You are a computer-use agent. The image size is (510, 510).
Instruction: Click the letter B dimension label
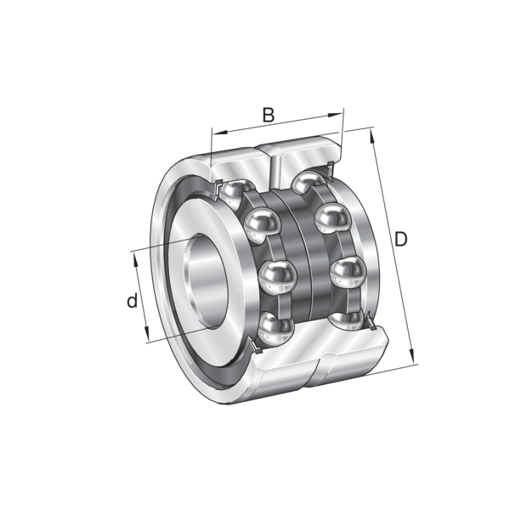(x=269, y=115)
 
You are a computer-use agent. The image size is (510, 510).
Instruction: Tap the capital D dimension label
(x=400, y=240)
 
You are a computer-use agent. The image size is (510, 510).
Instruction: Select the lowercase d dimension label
(x=132, y=301)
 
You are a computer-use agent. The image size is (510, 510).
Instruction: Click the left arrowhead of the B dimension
(x=219, y=133)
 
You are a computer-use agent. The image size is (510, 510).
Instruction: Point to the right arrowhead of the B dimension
(x=336, y=115)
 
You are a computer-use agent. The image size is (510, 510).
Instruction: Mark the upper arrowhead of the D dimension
(x=372, y=136)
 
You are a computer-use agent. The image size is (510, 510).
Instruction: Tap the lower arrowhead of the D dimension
(x=412, y=355)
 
